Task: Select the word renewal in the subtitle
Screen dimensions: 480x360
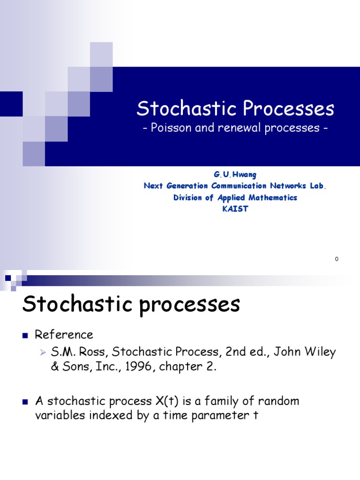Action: click(x=239, y=128)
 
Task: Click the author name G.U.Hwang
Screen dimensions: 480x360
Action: click(x=235, y=174)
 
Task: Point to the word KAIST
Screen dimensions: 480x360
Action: click(x=235, y=209)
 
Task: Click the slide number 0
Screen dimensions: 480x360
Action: click(x=337, y=259)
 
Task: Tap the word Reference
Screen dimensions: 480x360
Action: click(x=64, y=335)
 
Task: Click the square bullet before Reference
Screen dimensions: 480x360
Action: click(x=25, y=335)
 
